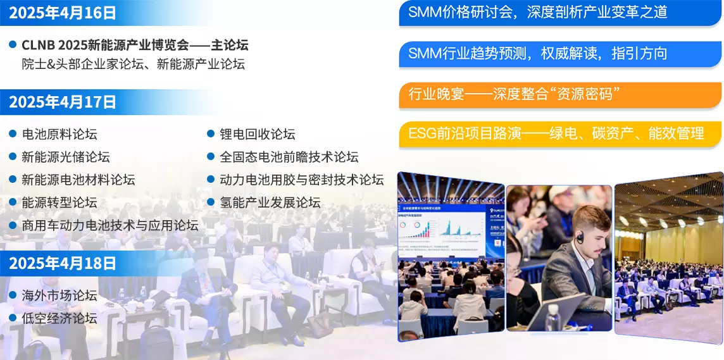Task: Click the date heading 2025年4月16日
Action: pos(63,13)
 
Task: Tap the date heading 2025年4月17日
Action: pos(63,102)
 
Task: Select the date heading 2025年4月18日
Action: pos(63,263)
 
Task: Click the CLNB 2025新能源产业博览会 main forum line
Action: pos(135,46)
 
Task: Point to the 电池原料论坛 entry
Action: pos(59,134)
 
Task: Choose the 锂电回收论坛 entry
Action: pos(258,134)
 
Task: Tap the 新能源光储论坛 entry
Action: pos(66,157)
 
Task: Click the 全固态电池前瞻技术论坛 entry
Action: pos(289,157)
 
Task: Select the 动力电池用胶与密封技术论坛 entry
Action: pos(302,180)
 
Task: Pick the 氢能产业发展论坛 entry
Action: pos(270,202)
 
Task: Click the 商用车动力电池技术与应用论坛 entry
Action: pos(110,225)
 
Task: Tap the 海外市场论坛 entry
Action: pos(59,295)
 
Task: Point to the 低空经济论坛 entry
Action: pos(59,318)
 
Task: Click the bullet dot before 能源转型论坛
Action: pos(13,202)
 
